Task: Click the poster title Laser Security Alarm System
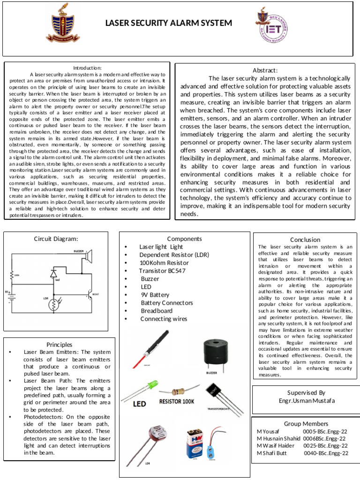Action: pos(168,23)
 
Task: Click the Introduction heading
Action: pos(87,68)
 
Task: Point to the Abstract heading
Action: pos(265,70)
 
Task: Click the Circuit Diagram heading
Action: pos(56,239)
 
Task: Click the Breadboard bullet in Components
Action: pos(156,311)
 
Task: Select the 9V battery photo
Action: pos(196,443)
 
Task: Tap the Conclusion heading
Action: pos(305,240)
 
